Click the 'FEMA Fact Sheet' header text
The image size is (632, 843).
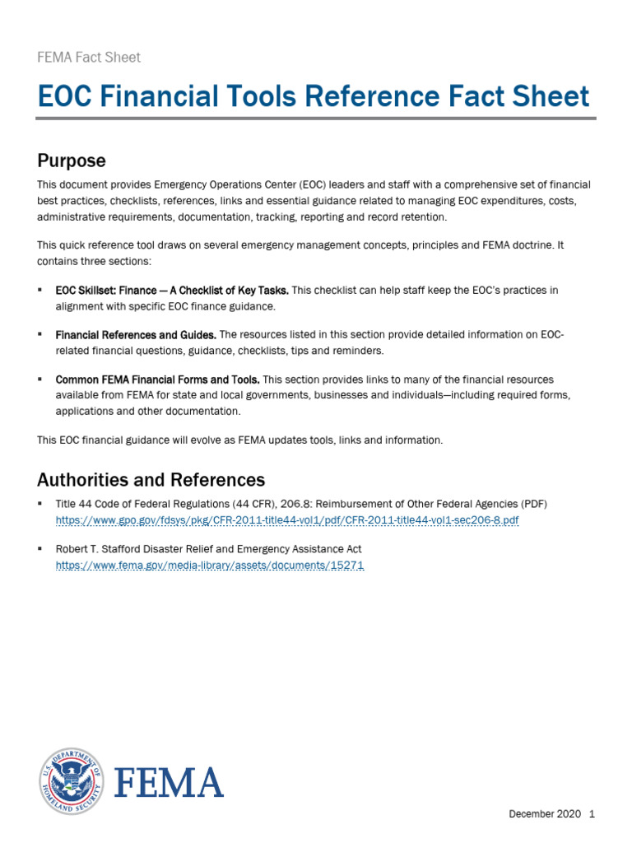coord(89,58)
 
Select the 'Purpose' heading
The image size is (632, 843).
coord(72,160)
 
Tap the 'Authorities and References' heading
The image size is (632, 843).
coord(151,479)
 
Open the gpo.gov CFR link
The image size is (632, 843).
coord(287,521)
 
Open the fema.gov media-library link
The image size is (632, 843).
coord(209,566)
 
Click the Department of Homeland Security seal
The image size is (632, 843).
coord(72,781)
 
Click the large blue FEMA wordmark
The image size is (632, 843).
coord(168,782)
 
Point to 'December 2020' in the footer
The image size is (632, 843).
coord(543,814)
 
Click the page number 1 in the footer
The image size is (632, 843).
coord(591,814)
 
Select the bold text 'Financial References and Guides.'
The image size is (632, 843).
coord(136,335)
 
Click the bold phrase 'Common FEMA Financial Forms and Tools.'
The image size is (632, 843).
coord(157,380)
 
